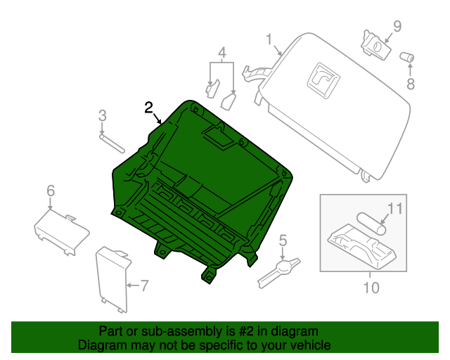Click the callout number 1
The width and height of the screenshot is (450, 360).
[x=269, y=39]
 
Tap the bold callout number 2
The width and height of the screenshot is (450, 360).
[x=148, y=108]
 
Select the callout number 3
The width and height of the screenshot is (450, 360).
[x=102, y=116]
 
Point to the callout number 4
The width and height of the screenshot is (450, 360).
[x=221, y=53]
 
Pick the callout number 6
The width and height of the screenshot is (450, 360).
[x=50, y=191]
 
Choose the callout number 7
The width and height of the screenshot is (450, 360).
[x=144, y=285]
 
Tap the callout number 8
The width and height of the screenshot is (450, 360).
[x=411, y=84]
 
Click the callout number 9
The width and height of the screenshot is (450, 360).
[x=397, y=27]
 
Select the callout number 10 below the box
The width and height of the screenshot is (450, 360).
[x=371, y=288]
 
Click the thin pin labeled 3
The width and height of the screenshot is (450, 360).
[x=112, y=143]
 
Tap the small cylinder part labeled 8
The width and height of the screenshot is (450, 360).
[x=406, y=57]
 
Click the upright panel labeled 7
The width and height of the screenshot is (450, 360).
[x=112, y=278]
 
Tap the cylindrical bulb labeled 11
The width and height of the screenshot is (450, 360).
[x=371, y=223]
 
